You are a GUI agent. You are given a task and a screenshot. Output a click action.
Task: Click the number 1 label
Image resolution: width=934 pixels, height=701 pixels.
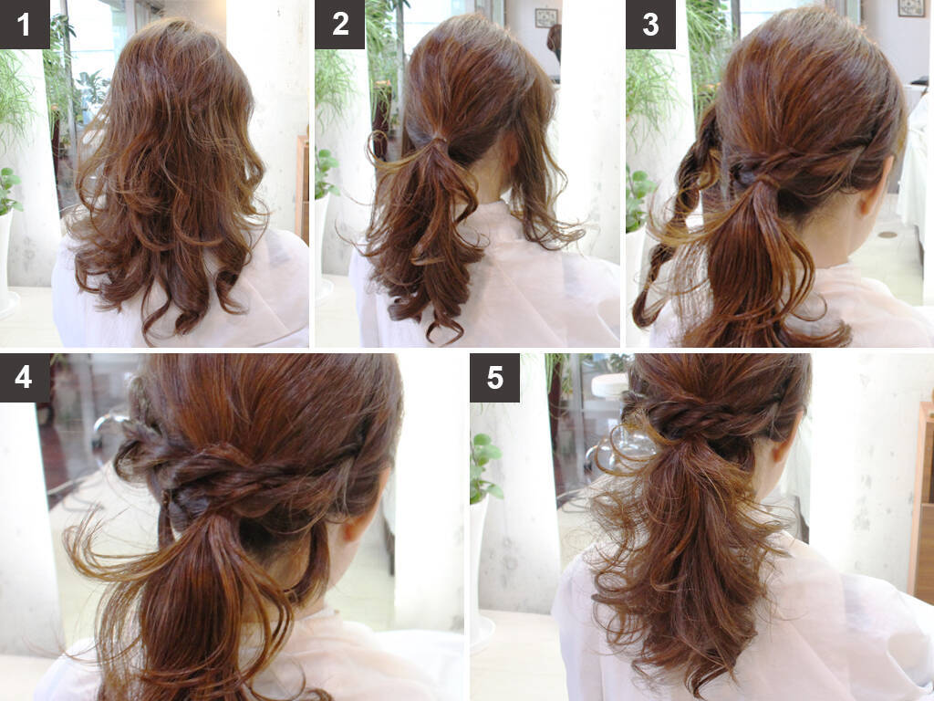[25, 25]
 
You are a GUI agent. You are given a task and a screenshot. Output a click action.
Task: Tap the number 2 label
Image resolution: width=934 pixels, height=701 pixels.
[339, 25]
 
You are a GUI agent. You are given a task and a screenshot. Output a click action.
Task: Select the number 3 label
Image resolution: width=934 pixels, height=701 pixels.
[650, 25]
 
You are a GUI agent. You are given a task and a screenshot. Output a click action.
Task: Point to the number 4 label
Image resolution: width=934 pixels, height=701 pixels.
[25, 378]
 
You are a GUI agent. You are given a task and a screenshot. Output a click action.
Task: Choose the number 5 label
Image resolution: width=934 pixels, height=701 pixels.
[494, 378]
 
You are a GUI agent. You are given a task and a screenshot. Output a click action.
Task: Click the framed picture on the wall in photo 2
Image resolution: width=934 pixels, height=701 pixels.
[545, 18]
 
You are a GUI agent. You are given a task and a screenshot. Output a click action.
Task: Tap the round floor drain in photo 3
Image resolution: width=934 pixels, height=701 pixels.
[887, 234]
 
